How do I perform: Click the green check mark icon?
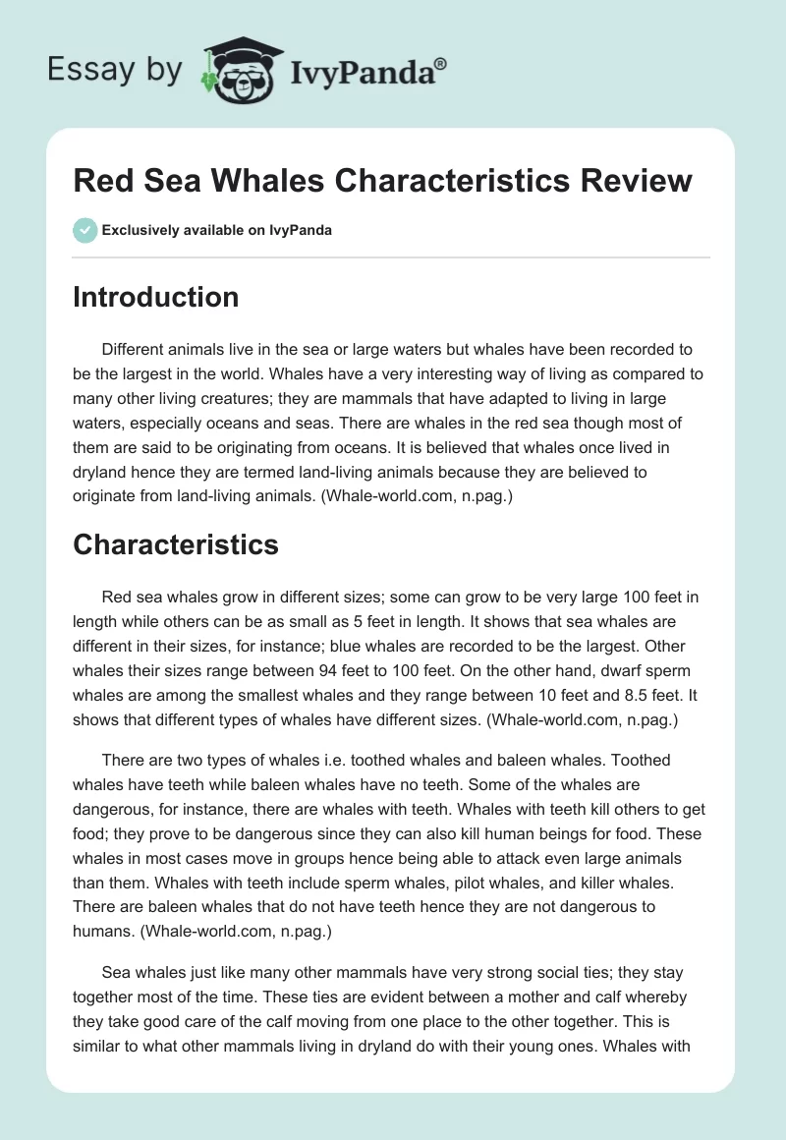coord(84,230)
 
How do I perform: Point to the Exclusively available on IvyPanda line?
coord(217,231)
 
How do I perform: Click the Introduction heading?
coord(155,297)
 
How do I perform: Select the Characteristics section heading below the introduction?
coord(175,543)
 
